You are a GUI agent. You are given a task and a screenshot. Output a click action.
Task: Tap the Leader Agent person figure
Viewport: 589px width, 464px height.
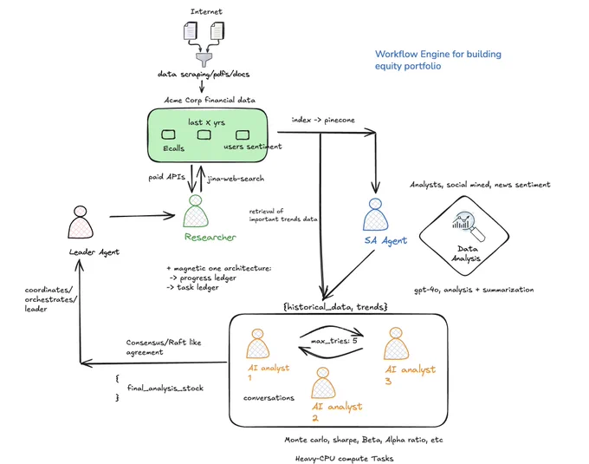pos(81,222)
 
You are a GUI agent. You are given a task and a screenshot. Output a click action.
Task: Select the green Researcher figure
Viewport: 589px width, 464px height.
pos(196,211)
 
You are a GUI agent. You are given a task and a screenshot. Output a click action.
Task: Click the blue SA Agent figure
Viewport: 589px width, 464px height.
pos(375,215)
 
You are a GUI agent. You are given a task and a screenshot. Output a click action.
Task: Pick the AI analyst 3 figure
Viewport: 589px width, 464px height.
pos(396,343)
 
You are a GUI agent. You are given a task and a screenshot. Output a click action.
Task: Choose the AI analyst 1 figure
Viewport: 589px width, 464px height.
pos(258,343)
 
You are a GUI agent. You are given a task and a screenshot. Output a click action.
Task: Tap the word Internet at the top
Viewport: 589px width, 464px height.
pos(206,11)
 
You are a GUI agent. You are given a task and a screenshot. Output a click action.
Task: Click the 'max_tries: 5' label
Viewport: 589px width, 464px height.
pos(334,341)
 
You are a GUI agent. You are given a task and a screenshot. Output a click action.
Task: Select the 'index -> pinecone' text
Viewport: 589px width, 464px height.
pos(323,120)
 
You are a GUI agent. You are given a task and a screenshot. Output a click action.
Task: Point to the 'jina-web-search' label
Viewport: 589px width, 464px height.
pos(236,179)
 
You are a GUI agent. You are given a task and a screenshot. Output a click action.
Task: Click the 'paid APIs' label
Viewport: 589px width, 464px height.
pos(167,177)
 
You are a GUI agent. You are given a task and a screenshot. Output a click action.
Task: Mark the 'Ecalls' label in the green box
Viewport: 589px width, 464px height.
pos(173,148)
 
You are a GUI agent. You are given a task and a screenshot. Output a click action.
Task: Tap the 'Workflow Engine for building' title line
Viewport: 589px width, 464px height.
pos(438,54)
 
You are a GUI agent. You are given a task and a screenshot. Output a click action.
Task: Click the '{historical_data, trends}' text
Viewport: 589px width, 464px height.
pos(335,307)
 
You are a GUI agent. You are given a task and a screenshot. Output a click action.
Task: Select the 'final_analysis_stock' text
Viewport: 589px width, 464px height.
pos(165,388)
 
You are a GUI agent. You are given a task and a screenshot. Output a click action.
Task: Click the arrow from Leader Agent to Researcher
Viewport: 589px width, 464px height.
pos(142,216)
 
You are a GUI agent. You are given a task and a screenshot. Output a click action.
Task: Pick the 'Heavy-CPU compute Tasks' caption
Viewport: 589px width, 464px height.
pos(345,458)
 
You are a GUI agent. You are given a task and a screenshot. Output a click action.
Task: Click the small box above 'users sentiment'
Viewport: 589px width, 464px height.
pos(243,134)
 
